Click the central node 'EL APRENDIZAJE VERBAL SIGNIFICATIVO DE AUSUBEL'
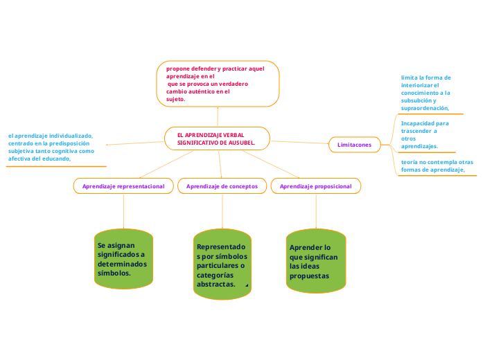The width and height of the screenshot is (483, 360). pyautogui.click(x=217, y=138)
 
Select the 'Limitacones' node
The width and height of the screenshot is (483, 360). pyautogui.click(x=354, y=145)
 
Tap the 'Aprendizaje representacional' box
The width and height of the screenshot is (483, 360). pyautogui.click(x=123, y=186)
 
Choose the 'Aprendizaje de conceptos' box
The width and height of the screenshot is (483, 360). pyautogui.click(x=222, y=186)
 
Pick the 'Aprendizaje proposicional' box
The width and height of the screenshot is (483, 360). pyautogui.click(x=315, y=186)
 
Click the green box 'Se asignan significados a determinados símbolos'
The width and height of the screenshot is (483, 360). pyautogui.click(x=123, y=259)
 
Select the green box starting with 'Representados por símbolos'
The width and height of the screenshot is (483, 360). pyautogui.click(x=222, y=264)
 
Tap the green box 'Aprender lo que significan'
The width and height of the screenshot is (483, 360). pyautogui.click(x=315, y=261)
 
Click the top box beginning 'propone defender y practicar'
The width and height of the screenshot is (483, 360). pyautogui.click(x=218, y=84)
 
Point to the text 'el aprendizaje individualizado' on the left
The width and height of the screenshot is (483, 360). pyautogui.click(x=51, y=136)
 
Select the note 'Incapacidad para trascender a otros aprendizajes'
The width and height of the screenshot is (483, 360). pyautogui.click(x=425, y=134)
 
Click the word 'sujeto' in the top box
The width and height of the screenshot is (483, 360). pyautogui.click(x=175, y=99)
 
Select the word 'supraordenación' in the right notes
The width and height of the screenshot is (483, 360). pyautogui.click(x=424, y=108)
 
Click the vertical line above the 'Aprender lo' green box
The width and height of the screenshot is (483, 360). pyautogui.click(x=316, y=211)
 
